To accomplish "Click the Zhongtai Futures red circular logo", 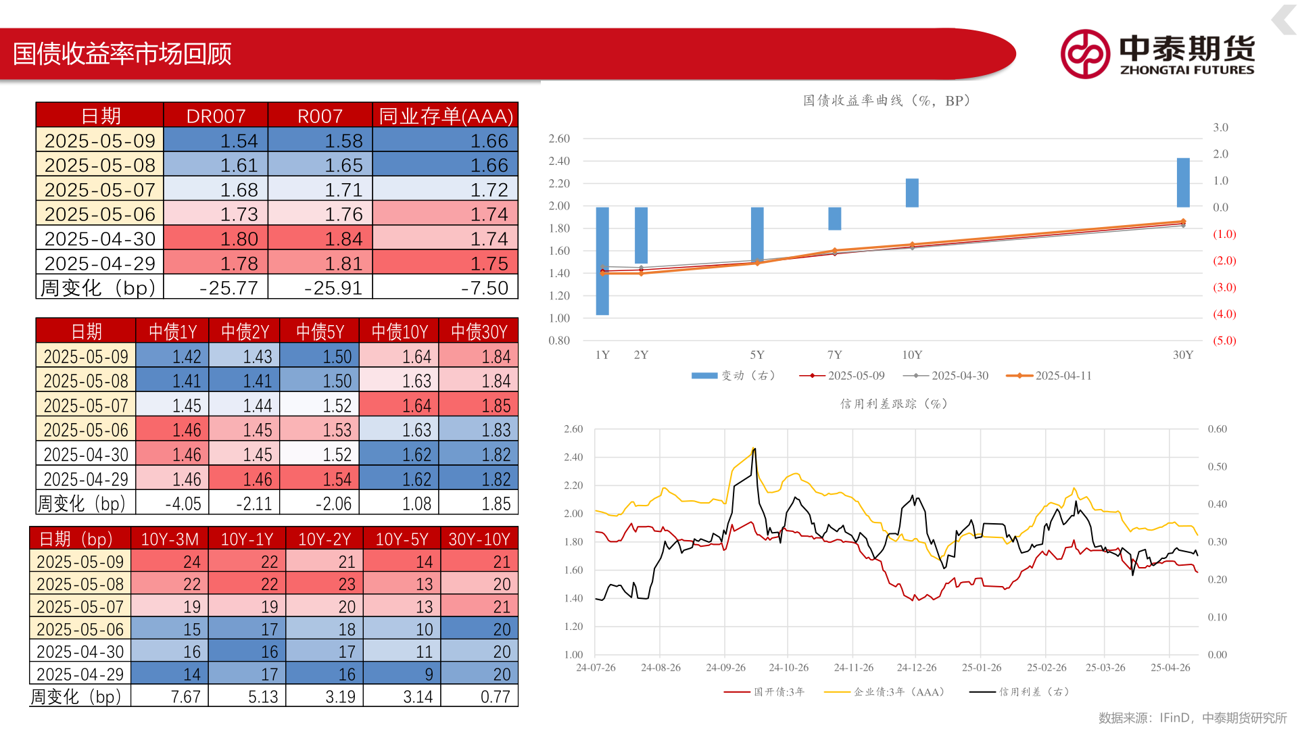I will point(1084,54).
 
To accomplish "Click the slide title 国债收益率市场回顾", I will point(122,54).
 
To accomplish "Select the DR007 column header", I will point(216,116).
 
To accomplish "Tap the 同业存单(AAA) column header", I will point(446,116).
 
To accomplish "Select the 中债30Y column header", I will point(479,331).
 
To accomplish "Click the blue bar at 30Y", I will point(1183,182).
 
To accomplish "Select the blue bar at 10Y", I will point(912,193).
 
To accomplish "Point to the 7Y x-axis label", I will point(835,355).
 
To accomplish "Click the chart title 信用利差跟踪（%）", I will point(893,404).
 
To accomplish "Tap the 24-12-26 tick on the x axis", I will point(917,668).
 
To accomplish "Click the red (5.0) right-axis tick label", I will point(1224,341).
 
